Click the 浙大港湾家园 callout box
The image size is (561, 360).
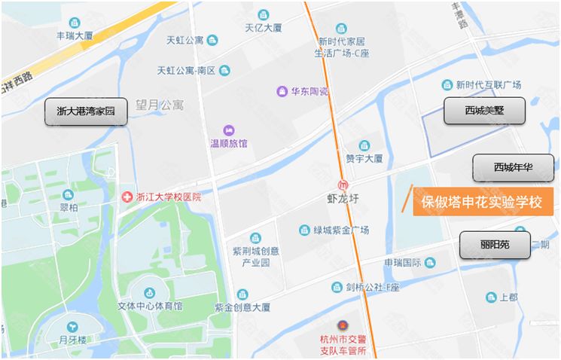click(85, 111)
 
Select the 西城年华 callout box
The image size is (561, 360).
click(513, 168)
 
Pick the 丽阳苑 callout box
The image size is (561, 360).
click(495, 246)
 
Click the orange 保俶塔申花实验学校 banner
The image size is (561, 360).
click(481, 202)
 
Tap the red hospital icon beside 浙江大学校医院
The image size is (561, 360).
click(127, 197)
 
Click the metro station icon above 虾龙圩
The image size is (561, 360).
click(343, 185)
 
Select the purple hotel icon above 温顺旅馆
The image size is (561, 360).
click(228, 130)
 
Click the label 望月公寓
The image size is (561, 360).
click(160, 105)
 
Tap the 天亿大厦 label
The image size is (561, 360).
click(263, 28)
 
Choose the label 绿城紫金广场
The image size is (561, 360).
click(341, 230)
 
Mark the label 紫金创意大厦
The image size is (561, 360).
click(242, 307)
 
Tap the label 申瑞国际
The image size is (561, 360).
click(403, 262)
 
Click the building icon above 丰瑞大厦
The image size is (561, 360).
click(74, 23)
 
